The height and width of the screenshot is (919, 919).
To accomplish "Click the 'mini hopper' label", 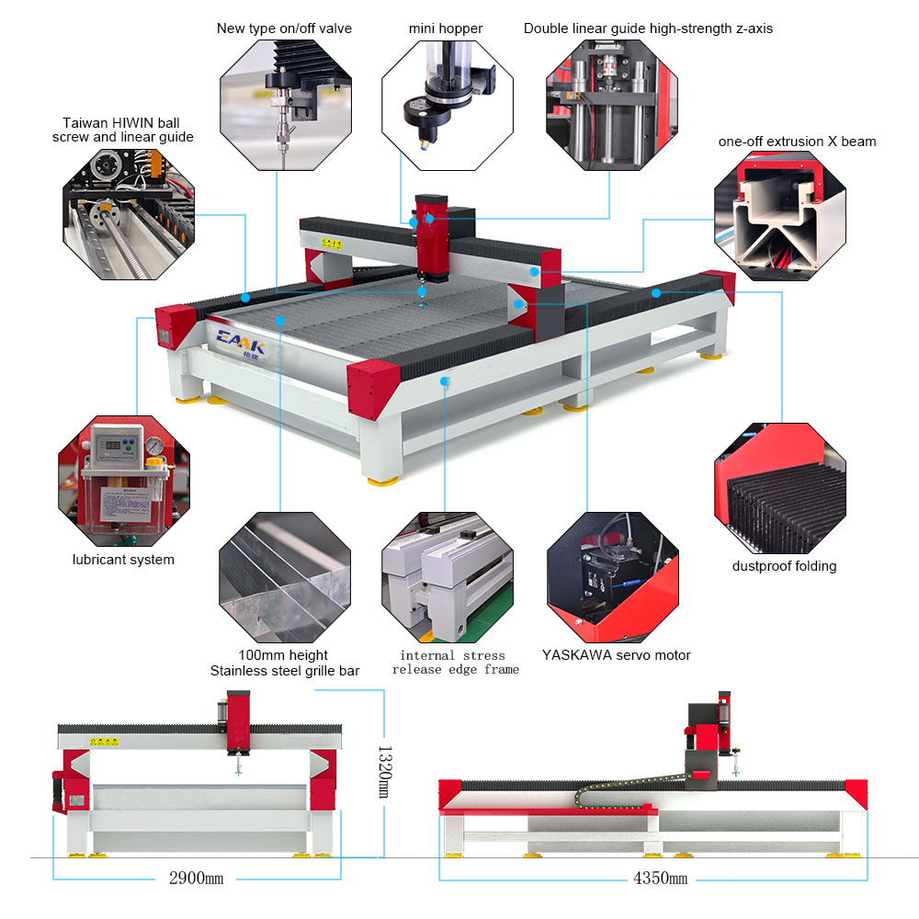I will coord(446,28).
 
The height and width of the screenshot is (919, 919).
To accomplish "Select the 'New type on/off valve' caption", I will coord(284,28).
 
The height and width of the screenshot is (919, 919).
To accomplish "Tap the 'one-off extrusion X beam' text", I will coord(797,142).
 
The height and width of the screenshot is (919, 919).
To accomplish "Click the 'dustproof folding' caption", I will coord(784,566).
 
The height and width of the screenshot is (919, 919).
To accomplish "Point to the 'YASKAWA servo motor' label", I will coord(616,655).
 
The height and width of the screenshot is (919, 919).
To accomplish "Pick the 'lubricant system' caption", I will coord(123,559).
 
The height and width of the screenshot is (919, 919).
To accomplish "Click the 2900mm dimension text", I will coord(196,878).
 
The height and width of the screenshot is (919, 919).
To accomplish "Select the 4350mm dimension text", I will coord(660,878).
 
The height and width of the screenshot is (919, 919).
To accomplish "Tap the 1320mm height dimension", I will coord(385,771).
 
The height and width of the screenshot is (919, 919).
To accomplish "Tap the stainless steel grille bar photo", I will coord(285,579).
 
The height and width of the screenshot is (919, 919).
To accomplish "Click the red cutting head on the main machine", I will coord(429,234).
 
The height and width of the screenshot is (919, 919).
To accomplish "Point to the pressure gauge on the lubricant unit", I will coord(153,447).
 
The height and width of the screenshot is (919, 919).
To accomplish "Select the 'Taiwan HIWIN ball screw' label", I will coord(128,130).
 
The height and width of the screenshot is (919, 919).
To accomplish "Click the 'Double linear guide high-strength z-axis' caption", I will coord(648,28).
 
